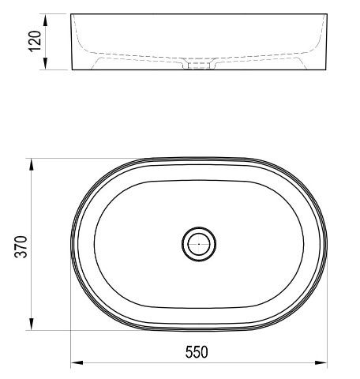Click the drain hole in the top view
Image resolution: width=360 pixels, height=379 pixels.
[198, 244]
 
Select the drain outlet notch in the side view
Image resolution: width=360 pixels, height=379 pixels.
[198, 66]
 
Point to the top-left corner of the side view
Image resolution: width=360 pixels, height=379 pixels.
[72, 13]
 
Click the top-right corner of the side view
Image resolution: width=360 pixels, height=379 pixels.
[326, 13]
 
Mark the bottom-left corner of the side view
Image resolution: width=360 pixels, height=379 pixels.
[72, 69]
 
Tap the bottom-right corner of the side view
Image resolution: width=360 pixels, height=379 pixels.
[326, 69]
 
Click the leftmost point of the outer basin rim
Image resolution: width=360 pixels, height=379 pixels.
[72, 244]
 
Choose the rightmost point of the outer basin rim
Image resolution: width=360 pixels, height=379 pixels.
[326, 244]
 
